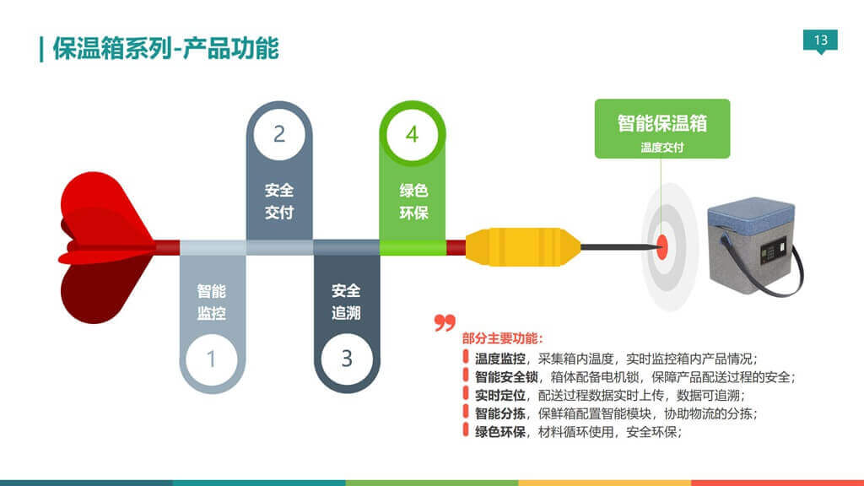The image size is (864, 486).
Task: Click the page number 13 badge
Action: [x=821, y=40]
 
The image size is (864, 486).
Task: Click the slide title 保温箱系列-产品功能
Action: [x=165, y=48]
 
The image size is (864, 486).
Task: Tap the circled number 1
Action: [x=211, y=359]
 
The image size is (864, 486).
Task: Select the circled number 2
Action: [x=279, y=133]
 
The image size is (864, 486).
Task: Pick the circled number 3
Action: [x=347, y=358]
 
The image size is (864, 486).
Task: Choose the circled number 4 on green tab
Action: [x=412, y=134]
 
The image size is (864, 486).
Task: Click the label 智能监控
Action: [x=211, y=302]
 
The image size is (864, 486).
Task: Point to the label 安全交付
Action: [x=279, y=201]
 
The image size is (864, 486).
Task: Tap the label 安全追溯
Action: [x=346, y=301]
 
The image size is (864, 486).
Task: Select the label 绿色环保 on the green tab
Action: [x=413, y=202]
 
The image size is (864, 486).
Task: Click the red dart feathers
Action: [x=101, y=247]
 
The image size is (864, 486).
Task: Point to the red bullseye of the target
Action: [x=662, y=246]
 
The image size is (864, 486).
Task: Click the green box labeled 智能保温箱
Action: [x=661, y=127]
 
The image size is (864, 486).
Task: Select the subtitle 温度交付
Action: [x=661, y=148]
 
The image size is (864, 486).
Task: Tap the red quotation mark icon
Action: [x=445, y=322]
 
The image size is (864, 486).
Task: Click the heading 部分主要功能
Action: [x=503, y=338]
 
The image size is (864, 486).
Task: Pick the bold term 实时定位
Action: [x=500, y=395]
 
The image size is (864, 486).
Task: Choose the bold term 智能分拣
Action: [x=500, y=413]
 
